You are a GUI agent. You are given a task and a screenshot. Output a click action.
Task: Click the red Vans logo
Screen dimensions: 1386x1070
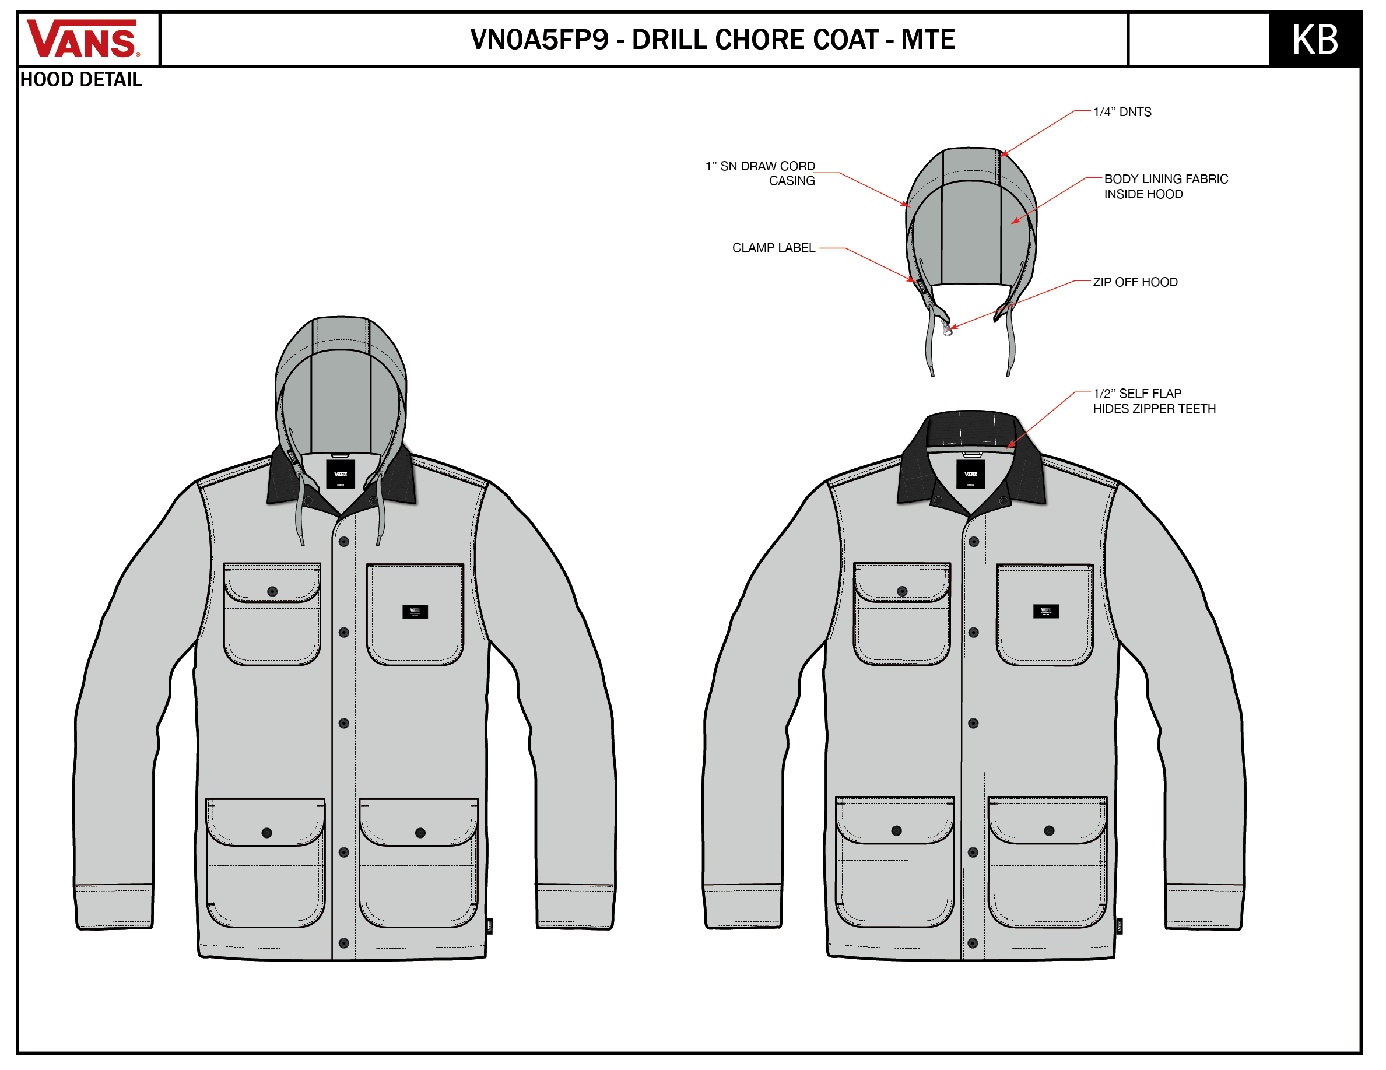pyautogui.click(x=82, y=39)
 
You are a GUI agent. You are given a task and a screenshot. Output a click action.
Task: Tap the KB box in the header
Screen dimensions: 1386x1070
pyautogui.click(x=1314, y=39)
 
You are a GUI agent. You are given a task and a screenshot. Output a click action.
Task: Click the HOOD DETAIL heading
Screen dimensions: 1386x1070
pyautogui.click(x=80, y=80)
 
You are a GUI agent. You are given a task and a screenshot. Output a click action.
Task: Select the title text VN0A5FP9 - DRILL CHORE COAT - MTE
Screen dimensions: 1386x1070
pyautogui.click(x=711, y=39)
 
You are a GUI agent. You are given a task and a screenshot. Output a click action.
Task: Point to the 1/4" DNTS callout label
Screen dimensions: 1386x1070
pyautogui.click(x=1121, y=112)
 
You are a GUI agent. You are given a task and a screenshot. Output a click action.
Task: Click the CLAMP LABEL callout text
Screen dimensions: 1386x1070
pyautogui.click(x=773, y=247)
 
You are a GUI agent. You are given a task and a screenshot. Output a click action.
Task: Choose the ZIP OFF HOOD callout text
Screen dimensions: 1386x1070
pyautogui.click(x=1135, y=282)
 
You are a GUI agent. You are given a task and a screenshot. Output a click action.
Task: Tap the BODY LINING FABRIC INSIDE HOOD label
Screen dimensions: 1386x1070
pyautogui.click(x=1165, y=187)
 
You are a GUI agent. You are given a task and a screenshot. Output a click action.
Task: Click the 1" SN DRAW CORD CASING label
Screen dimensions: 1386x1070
pyautogui.click(x=760, y=173)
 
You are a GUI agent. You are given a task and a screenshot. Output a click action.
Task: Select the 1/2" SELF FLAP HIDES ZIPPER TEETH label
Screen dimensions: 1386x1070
pyautogui.click(x=1154, y=401)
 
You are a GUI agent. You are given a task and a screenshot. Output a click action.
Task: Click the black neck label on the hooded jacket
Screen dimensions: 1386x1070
pyautogui.click(x=340, y=474)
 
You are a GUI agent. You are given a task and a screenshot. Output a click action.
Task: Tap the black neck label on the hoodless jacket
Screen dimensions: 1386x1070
pyautogui.click(x=970, y=474)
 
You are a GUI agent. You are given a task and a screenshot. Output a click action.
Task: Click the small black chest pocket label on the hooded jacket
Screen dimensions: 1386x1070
pyautogui.click(x=415, y=612)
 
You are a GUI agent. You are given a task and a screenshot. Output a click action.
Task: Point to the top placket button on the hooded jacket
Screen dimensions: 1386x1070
pyautogui.click(x=344, y=541)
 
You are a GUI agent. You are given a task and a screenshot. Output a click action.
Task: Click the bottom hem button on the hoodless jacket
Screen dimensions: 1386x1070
pyautogui.click(x=973, y=943)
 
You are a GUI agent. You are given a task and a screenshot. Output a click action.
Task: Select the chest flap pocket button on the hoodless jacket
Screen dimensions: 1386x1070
pyautogui.click(x=902, y=591)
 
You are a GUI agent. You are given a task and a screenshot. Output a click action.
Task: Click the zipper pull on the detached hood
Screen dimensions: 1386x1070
pyautogui.click(x=948, y=330)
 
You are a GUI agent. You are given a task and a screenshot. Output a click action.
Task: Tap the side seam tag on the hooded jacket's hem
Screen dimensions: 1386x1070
pyautogui.click(x=489, y=926)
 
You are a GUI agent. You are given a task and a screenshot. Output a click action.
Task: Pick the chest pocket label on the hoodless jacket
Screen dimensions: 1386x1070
pyautogui.click(x=1045, y=611)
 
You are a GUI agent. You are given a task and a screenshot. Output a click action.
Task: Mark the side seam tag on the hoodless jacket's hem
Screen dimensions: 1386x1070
pyautogui.click(x=1119, y=926)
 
